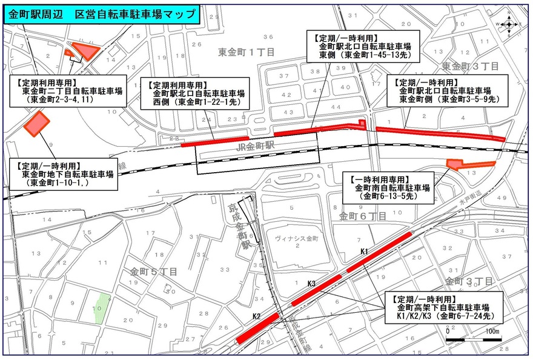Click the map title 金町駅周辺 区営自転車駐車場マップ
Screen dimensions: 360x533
click(101, 14)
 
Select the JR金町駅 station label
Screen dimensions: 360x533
click(258, 146)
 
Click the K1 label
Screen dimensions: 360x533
click(364, 251)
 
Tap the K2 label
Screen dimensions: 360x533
click(256, 316)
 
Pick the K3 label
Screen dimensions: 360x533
click(312, 284)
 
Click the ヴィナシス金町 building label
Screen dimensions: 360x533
click(296, 239)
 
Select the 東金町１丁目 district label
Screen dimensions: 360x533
click(247, 53)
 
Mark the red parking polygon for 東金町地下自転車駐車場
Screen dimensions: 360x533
click(38, 123)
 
